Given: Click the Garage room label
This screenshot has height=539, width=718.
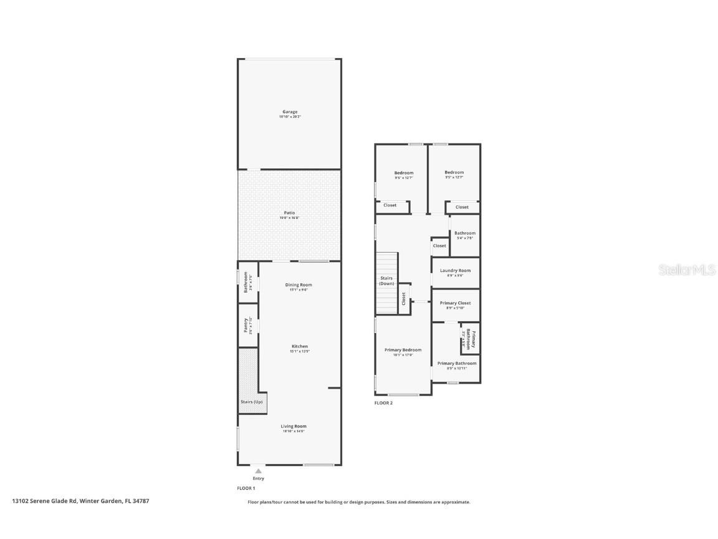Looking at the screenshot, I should [290, 112].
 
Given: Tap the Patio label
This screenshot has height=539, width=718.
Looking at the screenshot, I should [290, 213].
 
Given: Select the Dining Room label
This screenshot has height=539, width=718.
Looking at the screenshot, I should [299, 284].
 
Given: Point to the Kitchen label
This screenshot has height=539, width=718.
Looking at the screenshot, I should [300, 346].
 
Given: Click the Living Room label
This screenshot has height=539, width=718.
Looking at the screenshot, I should [294, 426].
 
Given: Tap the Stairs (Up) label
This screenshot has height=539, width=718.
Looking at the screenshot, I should [252, 402].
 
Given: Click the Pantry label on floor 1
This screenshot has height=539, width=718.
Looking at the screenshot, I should [246, 325].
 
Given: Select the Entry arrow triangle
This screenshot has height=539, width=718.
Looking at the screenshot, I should [259, 471].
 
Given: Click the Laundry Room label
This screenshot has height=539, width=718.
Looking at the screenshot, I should [456, 270].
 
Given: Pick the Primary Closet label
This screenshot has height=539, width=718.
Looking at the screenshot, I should [456, 303].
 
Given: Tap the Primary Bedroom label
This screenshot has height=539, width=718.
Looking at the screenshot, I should [403, 350].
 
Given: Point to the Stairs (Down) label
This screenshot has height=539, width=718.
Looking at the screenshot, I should [386, 281].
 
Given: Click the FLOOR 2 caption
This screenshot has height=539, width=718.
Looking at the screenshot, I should [383, 403].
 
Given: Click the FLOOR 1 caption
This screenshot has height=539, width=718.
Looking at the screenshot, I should [246, 488].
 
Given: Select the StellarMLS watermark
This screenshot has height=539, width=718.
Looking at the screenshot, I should [679, 269].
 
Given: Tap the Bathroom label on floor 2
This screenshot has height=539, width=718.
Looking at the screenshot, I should [465, 233].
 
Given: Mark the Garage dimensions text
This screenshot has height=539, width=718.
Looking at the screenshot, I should [290, 117].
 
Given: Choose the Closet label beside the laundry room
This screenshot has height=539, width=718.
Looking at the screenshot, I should [439, 246].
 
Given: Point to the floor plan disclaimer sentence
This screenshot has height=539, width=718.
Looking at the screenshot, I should [359, 502].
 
